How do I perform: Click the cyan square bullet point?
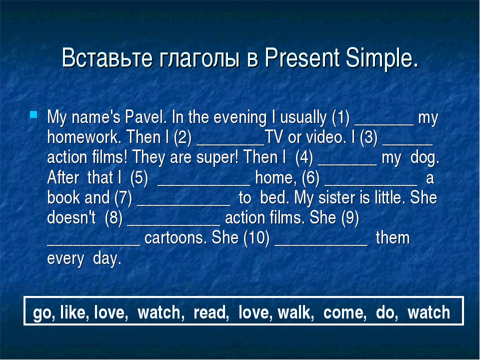33,115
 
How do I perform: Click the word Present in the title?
302,57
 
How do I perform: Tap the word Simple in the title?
381,58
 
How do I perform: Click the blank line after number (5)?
203,184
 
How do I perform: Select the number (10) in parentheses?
256,238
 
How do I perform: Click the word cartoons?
175,238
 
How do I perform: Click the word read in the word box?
211,312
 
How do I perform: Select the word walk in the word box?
295,312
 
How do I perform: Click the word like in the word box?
74,312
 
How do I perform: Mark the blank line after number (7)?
183,205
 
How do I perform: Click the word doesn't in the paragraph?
71,217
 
